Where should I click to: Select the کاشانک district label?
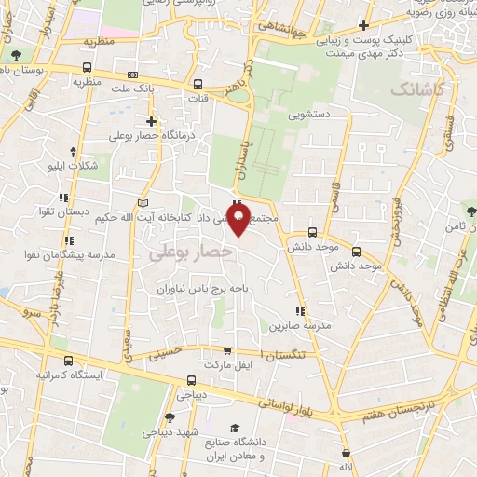pyautogui.click(x=416, y=90)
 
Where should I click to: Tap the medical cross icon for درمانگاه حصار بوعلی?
pyautogui.click(x=152, y=121)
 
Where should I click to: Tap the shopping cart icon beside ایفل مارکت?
pyautogui.click(x=226, y=352)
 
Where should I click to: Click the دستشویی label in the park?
pyautogui.click(x=308, y=117)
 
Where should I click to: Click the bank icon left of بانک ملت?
pyautogui.click(x=133, y=75)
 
